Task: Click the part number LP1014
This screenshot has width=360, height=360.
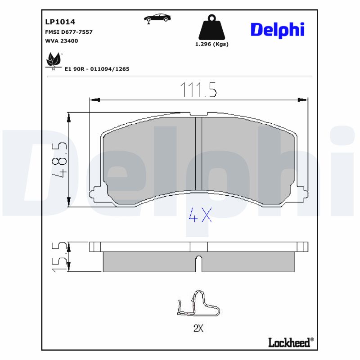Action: pyautogui.click(x=60, y=22)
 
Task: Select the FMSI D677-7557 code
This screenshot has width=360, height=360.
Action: pyautogui.click(x=69, y=32)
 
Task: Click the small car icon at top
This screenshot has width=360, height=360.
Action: pyautogui.click(x=157, y=18)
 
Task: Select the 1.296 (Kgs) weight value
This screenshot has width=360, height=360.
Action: pyautogui.click(x=211, y=44)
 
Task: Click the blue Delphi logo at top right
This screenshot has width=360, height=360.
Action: pyautogui.click(x=277, y=30)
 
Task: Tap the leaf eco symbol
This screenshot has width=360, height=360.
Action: pyautogui.click(x=54, y=61)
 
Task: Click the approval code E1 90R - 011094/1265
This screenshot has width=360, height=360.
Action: pyautogui.click(x=97, y=69)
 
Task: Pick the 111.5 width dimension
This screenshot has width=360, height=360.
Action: pyautogui.click(x=198, y=90)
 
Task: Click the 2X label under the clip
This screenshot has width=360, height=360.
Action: pyautogui.click(x=198, y=328)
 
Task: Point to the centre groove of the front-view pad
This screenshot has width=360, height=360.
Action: pyautogui.click(x=198, y=153)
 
